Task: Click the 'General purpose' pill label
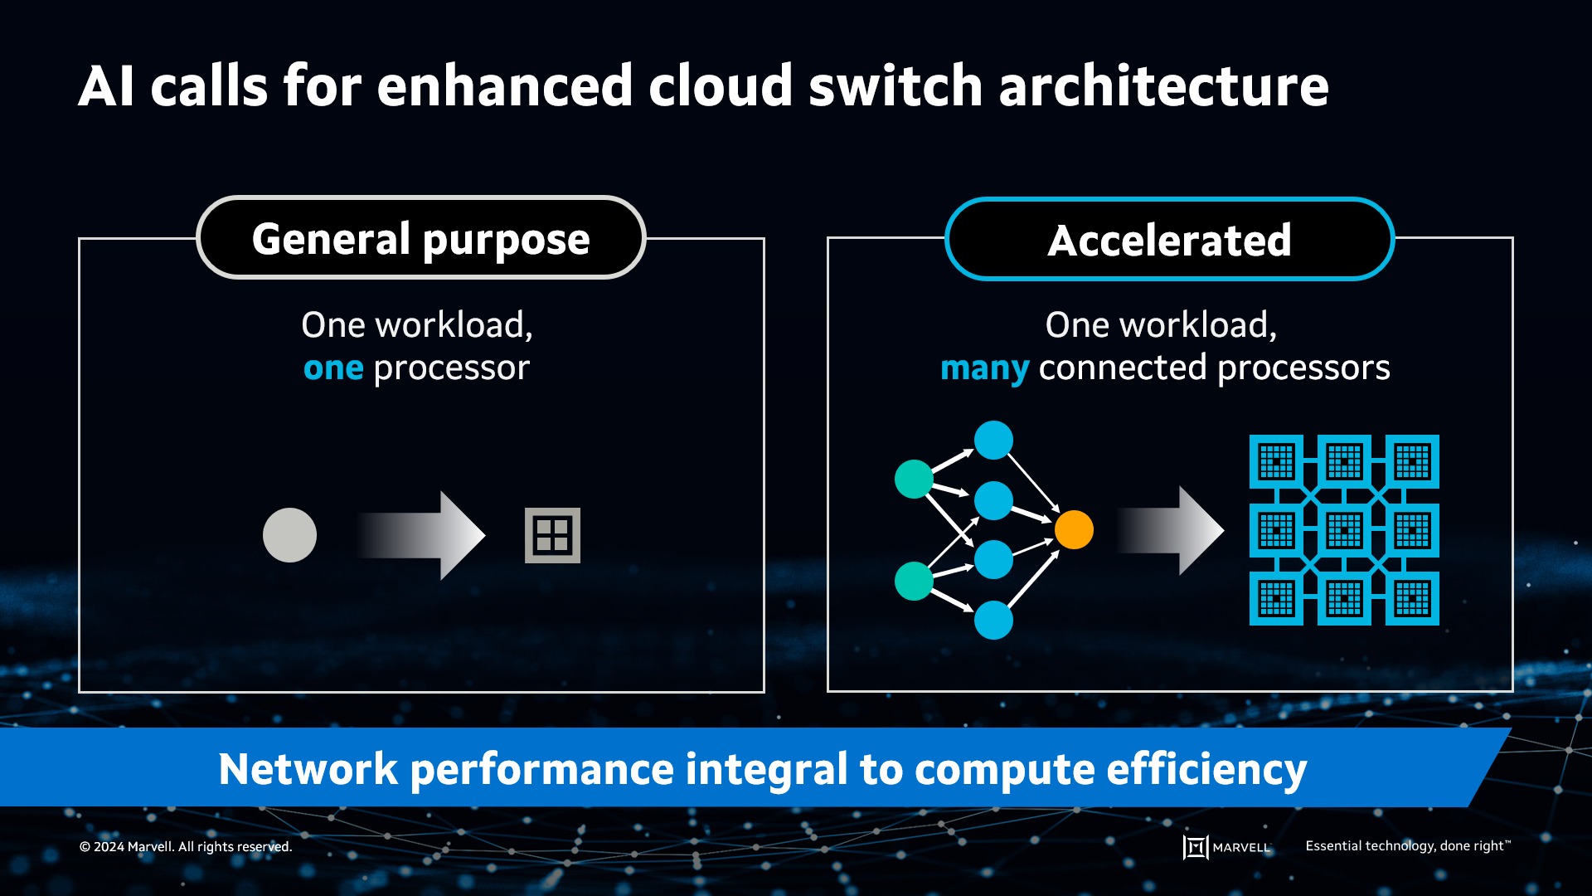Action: pyautogui.click(x=421, y=239)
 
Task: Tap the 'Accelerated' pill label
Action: pyautogui.click(x=1169, y=241)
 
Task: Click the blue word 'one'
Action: pyautogui.click(x=333, y=368)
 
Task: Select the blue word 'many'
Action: pyautogui.click(x=984, y=368)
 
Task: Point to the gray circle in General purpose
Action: pyautogui.click(x=289, y=535)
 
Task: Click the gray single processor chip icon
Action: pyautogui.click(x=552, y=535)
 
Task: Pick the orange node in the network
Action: pyautogui.click(x=1074, y=529)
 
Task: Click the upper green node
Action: pyautogui.click(x=914, y=479)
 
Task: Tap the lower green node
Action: pyautogui.click(x=914, y=581)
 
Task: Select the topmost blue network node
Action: pyautogui.click(x=993, y=440)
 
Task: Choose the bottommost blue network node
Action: pyautogui.click(x=993, y=621)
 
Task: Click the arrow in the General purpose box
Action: pyautogui.click(x=421, y=535)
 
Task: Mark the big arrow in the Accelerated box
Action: pyautogui.click(x=1170, y=531)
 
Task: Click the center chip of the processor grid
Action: pyautogui.click(x=1344, y=530)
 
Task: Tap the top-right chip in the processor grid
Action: pyautogui.click(x=1412, y=462)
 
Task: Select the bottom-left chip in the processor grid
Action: pyautogui.click(x=1276, y=598)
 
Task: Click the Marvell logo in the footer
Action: pyautogui.click(x=1226, y=847)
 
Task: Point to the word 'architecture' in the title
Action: pyautogui.click(x=1163, y=86)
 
